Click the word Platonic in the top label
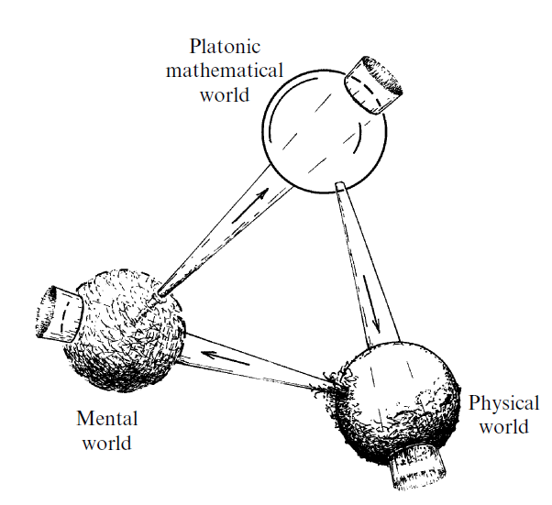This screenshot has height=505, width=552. click(225, 45)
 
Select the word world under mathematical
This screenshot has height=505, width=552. click(225, 93)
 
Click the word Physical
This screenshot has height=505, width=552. click(503, 403)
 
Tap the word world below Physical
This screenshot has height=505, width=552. click(502, 427)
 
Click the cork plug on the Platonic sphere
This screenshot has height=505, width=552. click(376, 82)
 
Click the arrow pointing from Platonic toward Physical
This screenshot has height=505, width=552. click(375, 312)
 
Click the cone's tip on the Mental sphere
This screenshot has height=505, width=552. click(161, 294)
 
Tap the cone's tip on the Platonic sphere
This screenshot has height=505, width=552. click(340, 187)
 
